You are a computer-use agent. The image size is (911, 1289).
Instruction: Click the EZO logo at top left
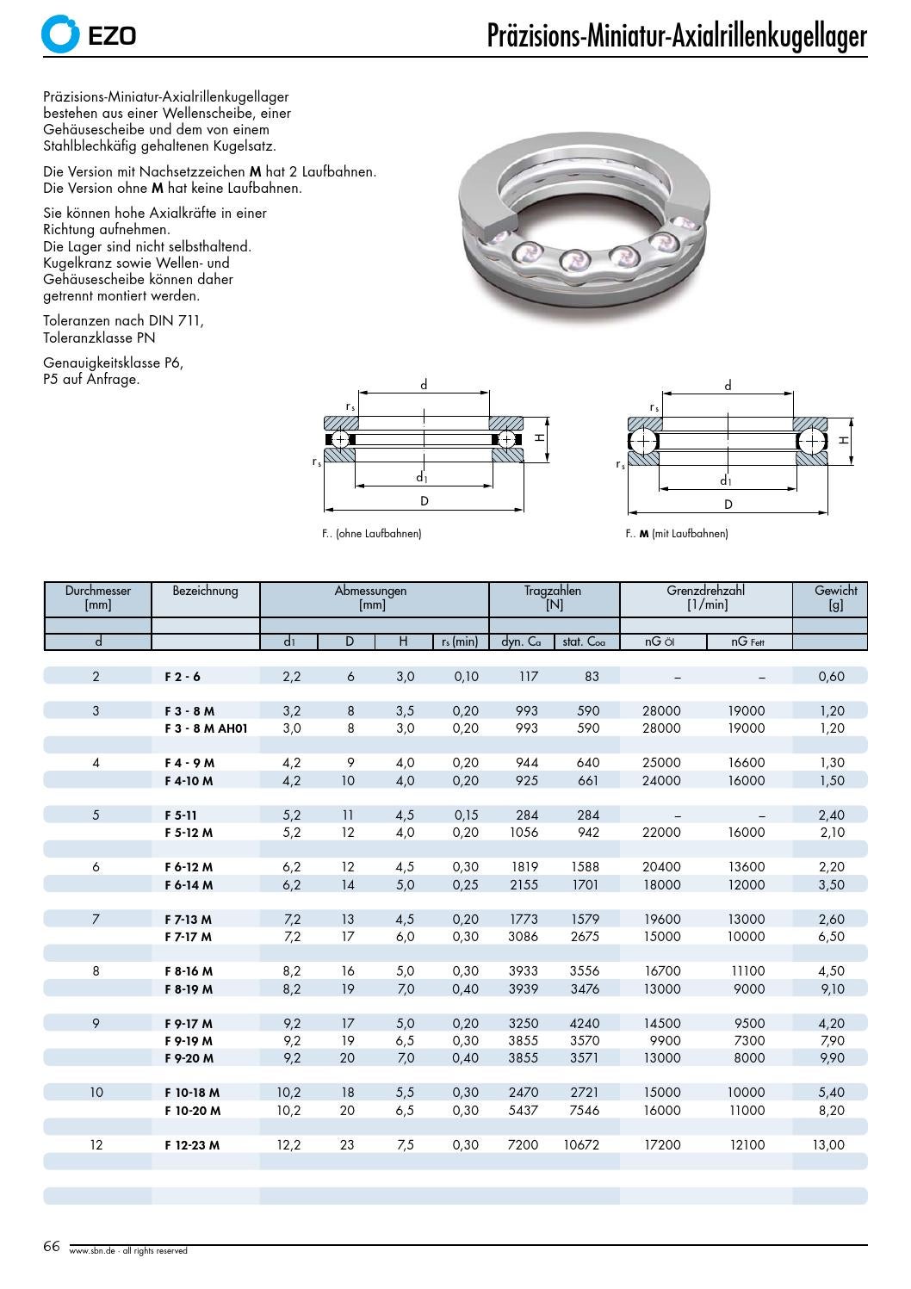tap(89, 34)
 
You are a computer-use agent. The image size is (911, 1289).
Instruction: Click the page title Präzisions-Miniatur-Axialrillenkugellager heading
tap(677, 36)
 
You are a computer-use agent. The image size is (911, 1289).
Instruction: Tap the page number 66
tap(52, 1247)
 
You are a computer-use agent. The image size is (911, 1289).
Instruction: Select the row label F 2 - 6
tap(183, 677)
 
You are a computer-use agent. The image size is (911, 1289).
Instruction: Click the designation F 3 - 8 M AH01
tap(206, 728)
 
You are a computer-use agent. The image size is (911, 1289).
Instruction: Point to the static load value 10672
tap(581, 1145)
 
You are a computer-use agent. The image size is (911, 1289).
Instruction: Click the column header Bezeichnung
tap(205, 591)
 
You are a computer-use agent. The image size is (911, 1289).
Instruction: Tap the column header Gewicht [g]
tap(835, 598)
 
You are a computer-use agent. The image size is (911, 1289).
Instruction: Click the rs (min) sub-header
tap(460, 641)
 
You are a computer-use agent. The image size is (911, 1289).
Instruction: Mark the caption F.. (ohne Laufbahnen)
tap(372, 534)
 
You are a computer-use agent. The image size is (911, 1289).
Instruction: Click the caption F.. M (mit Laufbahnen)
tap(677, 534)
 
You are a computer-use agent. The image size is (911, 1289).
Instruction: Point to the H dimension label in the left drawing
tap(539, 438)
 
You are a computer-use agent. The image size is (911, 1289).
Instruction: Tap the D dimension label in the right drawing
tap(728, 505)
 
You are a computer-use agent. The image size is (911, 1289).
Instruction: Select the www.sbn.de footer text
tap(127, 1251)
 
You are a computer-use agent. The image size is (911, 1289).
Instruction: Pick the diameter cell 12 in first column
tap(96, 1145)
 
